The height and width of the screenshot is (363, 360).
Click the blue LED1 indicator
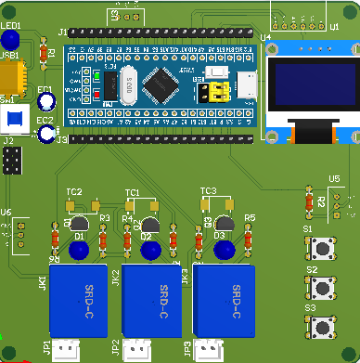click(11, 40)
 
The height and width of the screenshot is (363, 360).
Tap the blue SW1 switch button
click(12, 119)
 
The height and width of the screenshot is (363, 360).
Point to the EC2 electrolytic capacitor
click(47, 135)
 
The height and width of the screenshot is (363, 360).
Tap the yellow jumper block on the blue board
click(219, 91)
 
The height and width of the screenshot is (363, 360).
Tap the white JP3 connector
click(210, 350)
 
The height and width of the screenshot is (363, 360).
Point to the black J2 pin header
click(12, 162)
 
